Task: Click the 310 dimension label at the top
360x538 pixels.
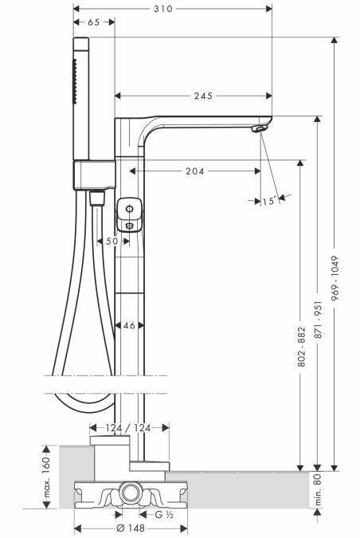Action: point(162,9)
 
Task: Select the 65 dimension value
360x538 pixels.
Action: point(94,22)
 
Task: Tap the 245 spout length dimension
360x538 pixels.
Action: point(203,96)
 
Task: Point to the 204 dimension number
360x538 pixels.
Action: point(195,171)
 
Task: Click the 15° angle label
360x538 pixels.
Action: point(269,201)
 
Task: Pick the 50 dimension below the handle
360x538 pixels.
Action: point(112,242)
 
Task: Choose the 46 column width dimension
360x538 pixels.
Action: point(129,325)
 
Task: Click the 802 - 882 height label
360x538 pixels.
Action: point(301,347)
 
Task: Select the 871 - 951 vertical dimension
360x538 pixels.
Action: point(319,320)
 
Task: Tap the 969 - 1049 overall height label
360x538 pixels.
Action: point(335,278)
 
